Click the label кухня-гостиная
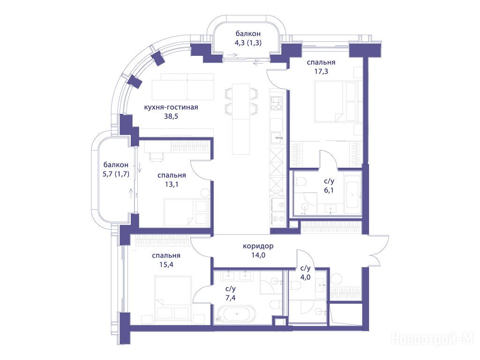171,107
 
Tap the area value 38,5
171,116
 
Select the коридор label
258,246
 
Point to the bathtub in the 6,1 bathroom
352,194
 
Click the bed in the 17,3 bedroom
336,102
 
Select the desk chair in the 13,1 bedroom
156,157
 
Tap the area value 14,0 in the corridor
258,255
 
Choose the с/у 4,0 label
306,273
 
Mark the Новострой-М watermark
432,339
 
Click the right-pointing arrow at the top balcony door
232,55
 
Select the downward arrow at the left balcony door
140,167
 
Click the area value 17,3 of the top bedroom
321,72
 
